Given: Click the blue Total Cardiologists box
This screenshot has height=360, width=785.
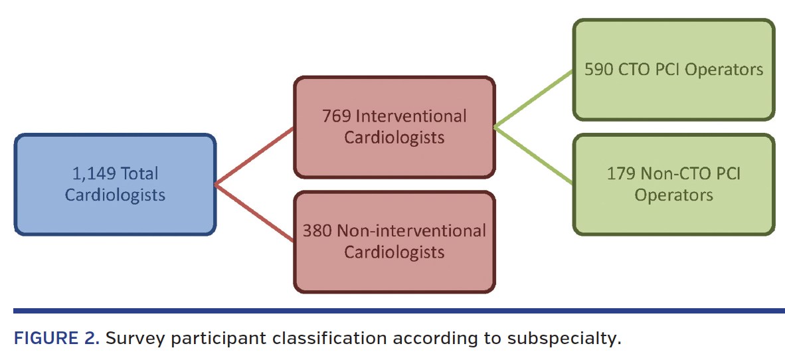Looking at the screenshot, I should (x=115, y=184).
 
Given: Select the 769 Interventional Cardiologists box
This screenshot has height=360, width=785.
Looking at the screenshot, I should (x=394, y=127).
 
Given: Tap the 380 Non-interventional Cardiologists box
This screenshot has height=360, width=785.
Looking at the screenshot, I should (x=394, y=242).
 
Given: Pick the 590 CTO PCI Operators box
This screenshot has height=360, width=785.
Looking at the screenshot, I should (x=673, y=70).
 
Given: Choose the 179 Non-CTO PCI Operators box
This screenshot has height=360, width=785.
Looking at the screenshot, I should (x=673, y=184).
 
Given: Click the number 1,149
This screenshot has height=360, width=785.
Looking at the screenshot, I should (x=91, y=174).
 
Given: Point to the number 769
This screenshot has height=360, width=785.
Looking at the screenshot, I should (x=337, y=116).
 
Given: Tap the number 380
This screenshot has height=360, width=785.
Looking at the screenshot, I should (x=317, y=231).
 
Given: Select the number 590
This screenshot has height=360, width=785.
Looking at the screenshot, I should (x=599, y=70).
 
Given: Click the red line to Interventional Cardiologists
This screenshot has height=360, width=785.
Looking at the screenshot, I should (x=255, y=155).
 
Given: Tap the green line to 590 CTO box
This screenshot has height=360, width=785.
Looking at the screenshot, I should (x=534, y=98).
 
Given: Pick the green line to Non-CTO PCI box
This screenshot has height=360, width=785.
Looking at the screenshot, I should (x=534, y=155).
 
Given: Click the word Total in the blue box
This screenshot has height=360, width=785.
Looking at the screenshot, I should (x=139, y=174).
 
